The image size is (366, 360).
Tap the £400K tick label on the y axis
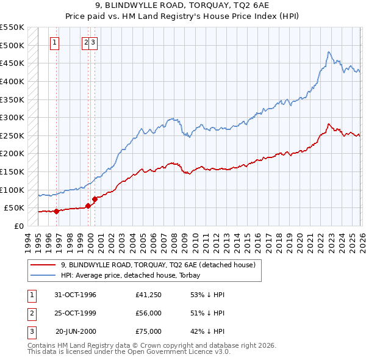click(x=12, y=81)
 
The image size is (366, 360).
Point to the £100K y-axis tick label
click(x=12, y=190)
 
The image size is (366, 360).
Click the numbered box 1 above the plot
click(x=55, y=43)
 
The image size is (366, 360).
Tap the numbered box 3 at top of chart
click(x=95, y=43)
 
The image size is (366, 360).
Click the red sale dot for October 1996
click(x=57, y=211)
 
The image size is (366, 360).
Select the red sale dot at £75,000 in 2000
click(x=95, y=199)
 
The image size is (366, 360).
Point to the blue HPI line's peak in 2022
click(x=328, y=52)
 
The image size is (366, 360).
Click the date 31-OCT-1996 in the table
click(x=76, y=295)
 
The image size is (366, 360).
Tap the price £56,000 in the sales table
click(x=149, y=313)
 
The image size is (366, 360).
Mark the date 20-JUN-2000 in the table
click(x=76, y=331)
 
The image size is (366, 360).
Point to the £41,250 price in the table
click(x=149, y=295)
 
